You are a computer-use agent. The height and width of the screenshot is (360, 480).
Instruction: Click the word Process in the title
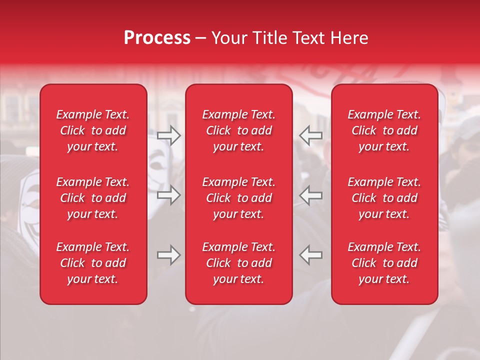click(157, 38)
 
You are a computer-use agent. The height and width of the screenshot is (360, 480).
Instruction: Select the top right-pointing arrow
click(169, 135)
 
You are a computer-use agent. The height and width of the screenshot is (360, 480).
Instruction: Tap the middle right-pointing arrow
click(169, 195)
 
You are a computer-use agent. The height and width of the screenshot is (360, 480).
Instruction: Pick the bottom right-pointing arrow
click(169, 255)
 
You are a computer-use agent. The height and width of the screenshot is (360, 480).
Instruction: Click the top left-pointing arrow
click(310, 135)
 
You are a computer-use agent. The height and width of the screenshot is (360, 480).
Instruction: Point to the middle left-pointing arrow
click(310, 195)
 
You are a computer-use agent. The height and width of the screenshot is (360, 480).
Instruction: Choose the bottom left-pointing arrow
click(310, 255)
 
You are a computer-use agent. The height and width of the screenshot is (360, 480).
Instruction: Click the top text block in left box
click(93, 130)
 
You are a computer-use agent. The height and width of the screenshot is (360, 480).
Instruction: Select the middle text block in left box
click(93, 198)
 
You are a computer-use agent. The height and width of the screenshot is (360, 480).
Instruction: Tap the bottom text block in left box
click(93, 263)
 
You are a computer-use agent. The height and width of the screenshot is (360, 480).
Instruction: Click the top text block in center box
click(238, 130)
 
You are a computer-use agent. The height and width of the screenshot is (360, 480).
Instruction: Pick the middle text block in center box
click(238, 198)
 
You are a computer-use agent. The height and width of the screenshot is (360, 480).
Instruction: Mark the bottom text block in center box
click(238, 263)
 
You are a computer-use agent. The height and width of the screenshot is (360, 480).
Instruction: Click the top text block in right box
click(384, 130)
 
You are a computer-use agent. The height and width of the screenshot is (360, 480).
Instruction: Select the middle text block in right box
click(384, 198)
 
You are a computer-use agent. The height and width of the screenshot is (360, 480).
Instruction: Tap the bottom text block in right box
click(384, 263)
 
